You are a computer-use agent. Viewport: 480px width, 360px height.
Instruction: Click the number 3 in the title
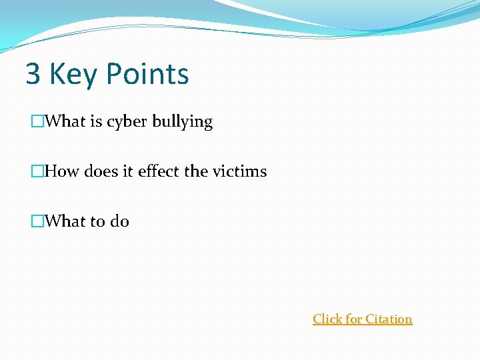pos(33,74)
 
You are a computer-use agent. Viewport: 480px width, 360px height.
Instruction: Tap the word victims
pos(239,171)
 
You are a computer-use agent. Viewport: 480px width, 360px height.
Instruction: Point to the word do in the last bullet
pos(119,221)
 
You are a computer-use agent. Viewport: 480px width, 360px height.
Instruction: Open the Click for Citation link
pos(362,319)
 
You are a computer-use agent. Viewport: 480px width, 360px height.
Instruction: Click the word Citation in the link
pos(389,319)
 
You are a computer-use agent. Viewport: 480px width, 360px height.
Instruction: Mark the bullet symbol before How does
pos(37,172)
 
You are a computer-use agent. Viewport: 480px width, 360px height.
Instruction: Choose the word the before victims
pos(196,171)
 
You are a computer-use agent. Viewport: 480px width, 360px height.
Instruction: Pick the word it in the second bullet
pos(128,171)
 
